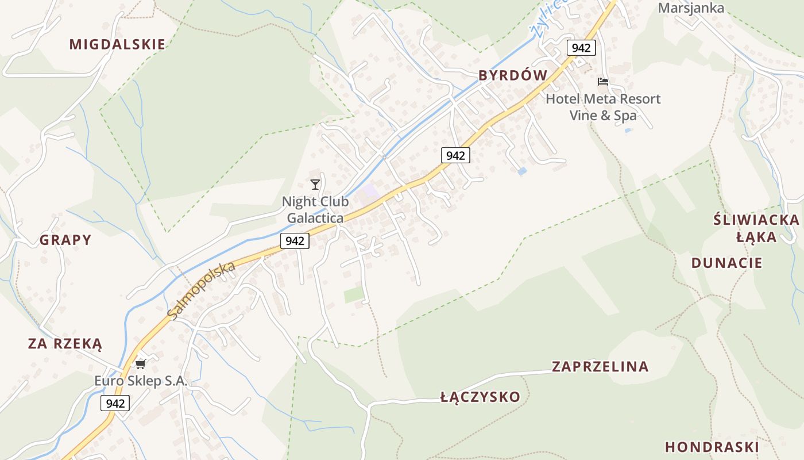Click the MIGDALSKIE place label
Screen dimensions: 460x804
coord(117,44)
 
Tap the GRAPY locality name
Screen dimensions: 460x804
coord(65,240)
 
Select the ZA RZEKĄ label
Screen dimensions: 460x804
coord(65,344)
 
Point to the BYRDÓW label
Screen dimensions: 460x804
coord(513,75)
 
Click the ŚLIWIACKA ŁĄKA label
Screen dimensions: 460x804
coord(756,228)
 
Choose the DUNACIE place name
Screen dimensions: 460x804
coord(726,263)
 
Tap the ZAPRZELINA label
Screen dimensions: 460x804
coord(600,366)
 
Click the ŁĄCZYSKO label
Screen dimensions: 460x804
coord(480,397)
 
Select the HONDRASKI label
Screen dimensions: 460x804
coord(712,447)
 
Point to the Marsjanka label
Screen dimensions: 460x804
coord(691,8)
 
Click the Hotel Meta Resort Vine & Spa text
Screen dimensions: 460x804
coord(603,107)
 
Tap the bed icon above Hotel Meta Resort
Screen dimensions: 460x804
coord(603,82)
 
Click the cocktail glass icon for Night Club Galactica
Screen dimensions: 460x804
coord(315,185)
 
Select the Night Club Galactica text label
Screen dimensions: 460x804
coord(315,210)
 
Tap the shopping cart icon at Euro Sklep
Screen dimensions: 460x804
coord(141,363)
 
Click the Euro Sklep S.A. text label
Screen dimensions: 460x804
coord(141,381)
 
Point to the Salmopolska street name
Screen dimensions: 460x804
coord(202,290)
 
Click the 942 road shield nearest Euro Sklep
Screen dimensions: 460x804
coord(115,403)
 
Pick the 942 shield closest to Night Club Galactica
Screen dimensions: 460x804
coord(295,241)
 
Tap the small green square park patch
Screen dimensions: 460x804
coord(354,295)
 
